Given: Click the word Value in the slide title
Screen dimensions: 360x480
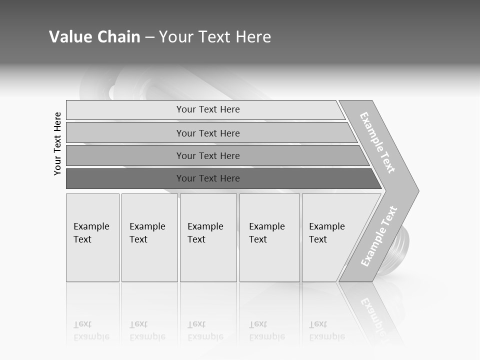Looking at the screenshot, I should click(x=69, y=37).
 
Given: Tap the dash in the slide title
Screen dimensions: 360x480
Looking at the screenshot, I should click(x=149, y=37).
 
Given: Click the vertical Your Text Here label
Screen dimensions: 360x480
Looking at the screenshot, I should click(x=57, y=143).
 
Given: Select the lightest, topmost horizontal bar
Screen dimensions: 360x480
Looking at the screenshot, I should click(x=208, y=109).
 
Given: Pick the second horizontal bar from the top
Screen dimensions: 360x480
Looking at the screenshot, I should click(x=208, y=133).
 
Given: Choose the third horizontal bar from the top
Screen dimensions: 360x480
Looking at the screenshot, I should click(x=208, y=155).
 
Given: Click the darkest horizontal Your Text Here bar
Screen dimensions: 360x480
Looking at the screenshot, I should click(x=208, y=178).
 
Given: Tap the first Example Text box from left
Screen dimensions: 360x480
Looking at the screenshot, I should click(x=92, y=237).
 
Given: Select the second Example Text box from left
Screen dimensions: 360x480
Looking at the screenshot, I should click(x=149, y=237).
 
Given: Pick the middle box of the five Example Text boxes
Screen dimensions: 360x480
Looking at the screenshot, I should click(x=208, y=237).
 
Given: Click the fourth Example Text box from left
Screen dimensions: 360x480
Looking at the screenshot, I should click(x=269, y=237).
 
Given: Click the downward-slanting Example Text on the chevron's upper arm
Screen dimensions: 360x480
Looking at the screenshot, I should click(x=377, y=143).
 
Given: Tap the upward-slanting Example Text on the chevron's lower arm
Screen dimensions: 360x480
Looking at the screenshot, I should click(x=379, y=236).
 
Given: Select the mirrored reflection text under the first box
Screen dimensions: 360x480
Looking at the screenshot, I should click(x=91, y=330).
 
